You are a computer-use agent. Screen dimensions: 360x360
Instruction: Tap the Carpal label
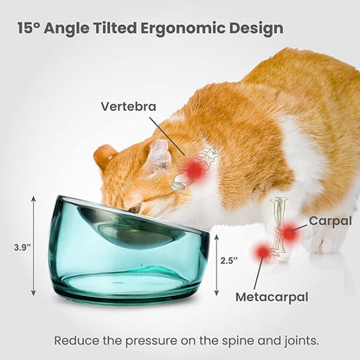(x=330, y=221)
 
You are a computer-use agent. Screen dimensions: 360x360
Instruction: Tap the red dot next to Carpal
(x=288, y=234)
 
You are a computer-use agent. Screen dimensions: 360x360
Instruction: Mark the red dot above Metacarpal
(x=261, y=252)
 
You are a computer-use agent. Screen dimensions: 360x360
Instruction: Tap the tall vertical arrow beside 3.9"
(x=34, y=247)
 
